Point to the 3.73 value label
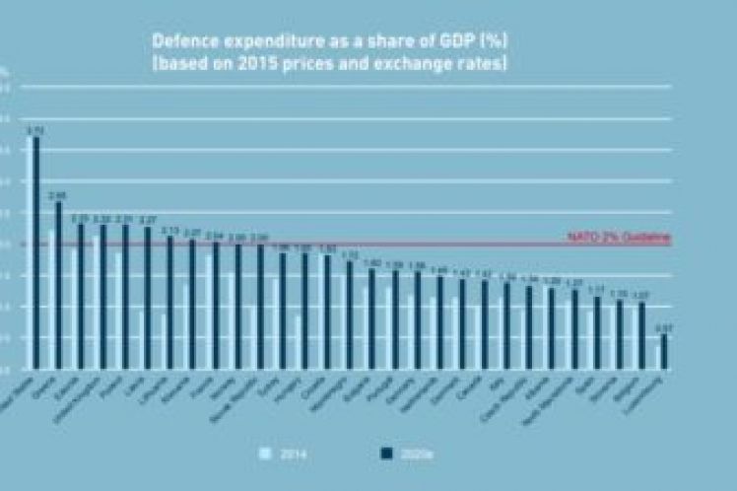35,129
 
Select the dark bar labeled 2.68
58,285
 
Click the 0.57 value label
664,327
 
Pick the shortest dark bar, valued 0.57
664,352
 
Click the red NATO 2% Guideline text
619,238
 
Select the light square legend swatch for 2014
263,453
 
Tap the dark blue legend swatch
385,453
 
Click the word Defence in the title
179,42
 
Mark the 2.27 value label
148,220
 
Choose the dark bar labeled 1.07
642,335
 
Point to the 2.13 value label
169,230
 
